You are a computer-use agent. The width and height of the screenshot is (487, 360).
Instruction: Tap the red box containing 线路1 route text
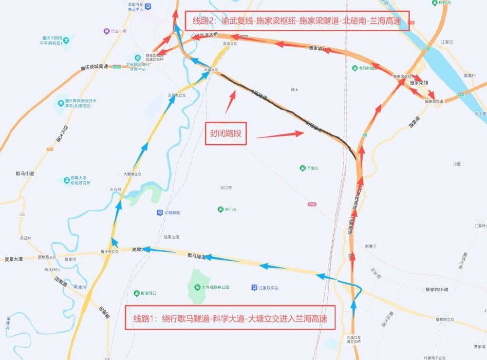[231, 319]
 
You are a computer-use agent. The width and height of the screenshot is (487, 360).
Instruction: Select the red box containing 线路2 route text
[296, 21]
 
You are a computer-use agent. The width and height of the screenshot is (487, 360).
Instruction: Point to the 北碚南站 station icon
[160, 212]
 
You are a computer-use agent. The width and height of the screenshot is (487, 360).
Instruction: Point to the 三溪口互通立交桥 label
[354, 339]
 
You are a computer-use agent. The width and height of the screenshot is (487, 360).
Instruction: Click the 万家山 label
[312, 168]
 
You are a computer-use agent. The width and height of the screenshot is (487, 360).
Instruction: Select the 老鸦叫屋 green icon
[355, 68]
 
